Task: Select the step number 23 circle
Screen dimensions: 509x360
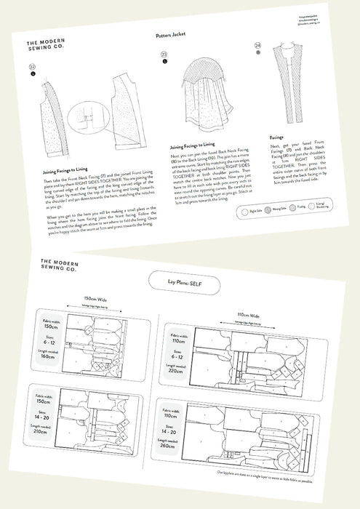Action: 164,55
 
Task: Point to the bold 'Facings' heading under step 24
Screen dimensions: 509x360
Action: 277,136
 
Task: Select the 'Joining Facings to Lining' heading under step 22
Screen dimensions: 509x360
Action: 65,172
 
